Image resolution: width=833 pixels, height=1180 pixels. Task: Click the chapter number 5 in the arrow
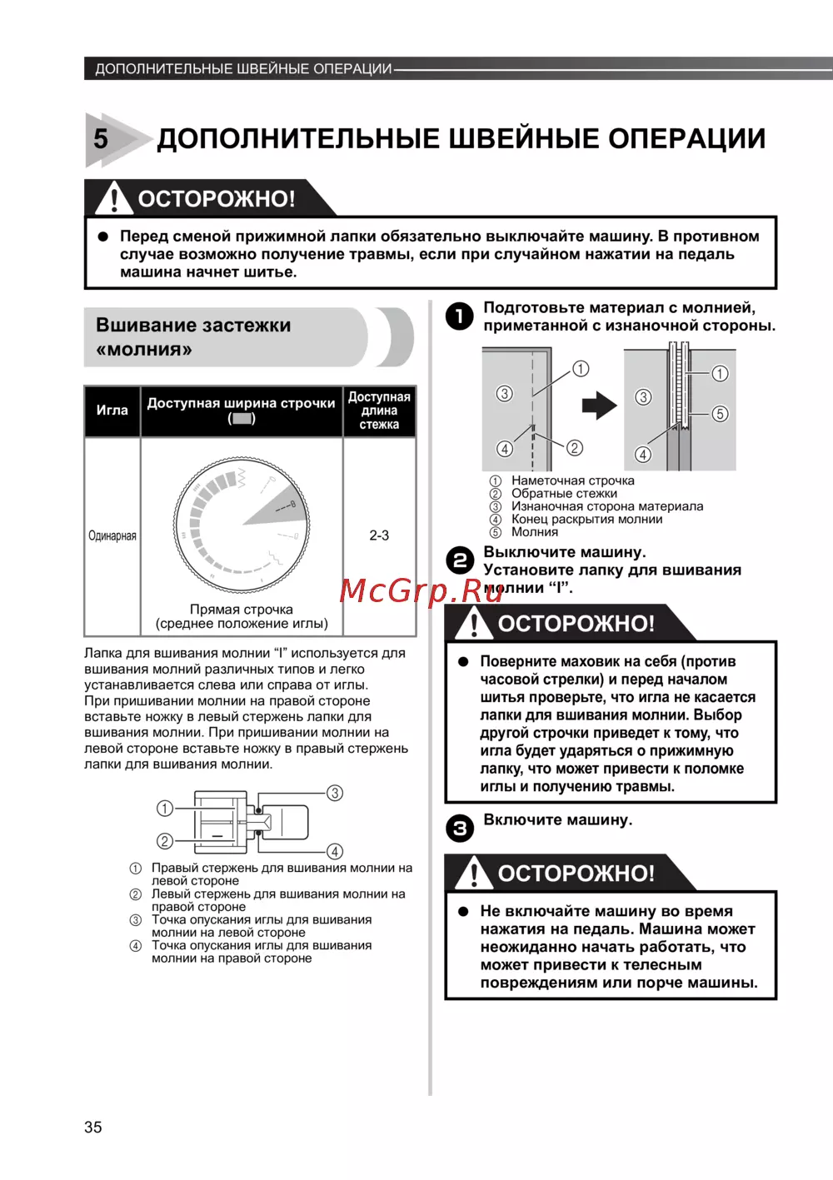pyautogui.click(x=101, y=138)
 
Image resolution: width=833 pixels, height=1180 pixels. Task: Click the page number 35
pyautogui.click(x=93, y=1127)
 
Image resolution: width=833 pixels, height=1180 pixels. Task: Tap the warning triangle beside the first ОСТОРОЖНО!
pyautogui.click(x=113, y=198)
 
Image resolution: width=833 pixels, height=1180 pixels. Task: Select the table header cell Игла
pyautogui.click(x=112, y=411)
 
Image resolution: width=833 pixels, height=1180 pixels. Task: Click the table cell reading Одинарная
pyautogui.click(x=112, y=535)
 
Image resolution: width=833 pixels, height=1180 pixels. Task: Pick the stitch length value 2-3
pyautogui.click(x=379, y=535)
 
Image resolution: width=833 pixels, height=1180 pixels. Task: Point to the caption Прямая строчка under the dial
pyautogui.click(x=242, y=610)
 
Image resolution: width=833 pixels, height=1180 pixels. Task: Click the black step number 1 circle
pyautogui.click(x=460, y=316)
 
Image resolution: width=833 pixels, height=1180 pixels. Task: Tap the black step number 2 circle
pyautogui.click(x=460, y=560)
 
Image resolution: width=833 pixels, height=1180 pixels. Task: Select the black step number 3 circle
pyautogui.click(x=460, y=828)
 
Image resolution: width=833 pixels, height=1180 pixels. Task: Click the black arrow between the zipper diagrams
pyautogui.click(x=599, y=406)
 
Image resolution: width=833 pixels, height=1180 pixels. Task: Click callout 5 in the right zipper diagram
pyautogui.click(x=720, y=414)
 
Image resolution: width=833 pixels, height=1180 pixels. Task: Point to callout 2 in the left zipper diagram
pyautogui.click(x=575, y=448)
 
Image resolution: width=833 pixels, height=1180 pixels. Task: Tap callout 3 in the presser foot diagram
pyautogui.click(x=335, y=793)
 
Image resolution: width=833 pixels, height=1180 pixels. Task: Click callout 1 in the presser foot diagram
pyautogui.click(x=165, y=808)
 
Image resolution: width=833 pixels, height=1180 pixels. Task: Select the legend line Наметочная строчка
pyautogui.click(x=572, y=480)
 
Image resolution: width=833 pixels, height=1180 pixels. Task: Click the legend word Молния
pyautogui.click(x=534, y=532)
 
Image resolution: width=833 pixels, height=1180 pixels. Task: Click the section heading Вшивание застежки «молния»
pyautogui.click(x=193, y=336)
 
